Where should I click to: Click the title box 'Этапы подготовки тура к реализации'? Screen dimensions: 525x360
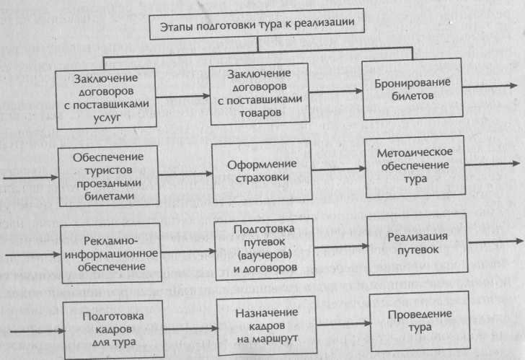(x=257, y=24)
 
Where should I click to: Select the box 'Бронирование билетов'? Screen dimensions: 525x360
(x=412, y=89)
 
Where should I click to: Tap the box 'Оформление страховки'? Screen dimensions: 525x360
(x=262, y=172)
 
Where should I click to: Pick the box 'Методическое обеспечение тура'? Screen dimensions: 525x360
(x=415, y=167)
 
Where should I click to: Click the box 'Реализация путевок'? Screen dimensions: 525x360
(x=418, y=244)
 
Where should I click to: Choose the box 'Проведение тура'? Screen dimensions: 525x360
(x=420, y=322)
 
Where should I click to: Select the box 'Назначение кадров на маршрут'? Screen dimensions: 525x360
(x=267, y=326)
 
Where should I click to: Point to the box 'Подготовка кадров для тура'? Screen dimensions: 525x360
(x=113, y=330)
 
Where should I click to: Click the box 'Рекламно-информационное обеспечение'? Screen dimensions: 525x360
(x=111, y=253)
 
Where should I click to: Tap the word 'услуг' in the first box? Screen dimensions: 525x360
(x=107, y=118)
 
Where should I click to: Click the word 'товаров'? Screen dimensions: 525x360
(x=260, y=113)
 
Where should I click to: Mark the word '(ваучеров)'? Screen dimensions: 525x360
(x=265, y=255)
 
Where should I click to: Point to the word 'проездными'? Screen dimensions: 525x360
(x=109, y=183)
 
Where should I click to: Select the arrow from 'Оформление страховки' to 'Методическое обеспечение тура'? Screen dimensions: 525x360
(x=338, y=169)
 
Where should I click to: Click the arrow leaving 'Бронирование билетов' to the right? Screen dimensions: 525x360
(x=490, y=87)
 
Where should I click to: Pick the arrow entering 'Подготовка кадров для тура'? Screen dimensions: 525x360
(x=37, y=331)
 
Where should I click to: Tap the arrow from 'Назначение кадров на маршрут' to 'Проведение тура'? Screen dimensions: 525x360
(x=344, y=324)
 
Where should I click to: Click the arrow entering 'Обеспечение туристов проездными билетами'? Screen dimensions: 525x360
(x=31, y=177)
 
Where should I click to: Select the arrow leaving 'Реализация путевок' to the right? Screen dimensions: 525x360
(x=495, y=242)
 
